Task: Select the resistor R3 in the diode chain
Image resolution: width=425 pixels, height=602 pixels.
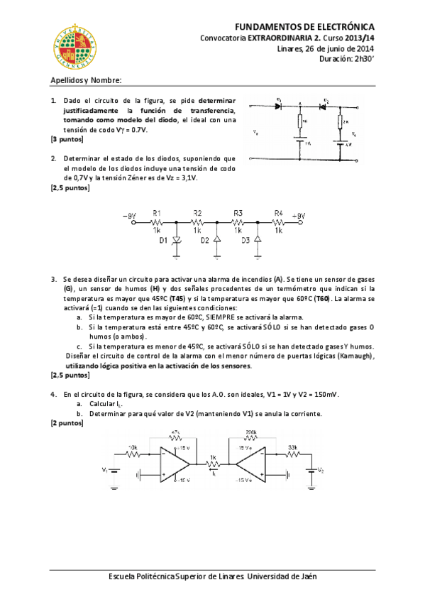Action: point(238,221)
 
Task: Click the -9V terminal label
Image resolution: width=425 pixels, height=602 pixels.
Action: point(129,216)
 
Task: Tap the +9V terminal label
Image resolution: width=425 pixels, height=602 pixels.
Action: point(299,216)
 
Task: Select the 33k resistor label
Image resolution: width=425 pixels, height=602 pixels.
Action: point(292,447)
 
